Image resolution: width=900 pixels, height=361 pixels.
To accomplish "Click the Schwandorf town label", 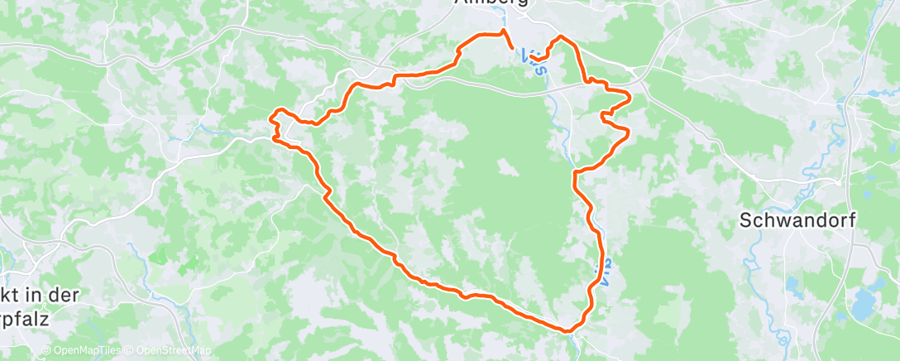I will click(797, 220).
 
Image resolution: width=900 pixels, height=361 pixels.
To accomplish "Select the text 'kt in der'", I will click(40, 295).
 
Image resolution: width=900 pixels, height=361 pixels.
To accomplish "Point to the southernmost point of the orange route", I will click(568, 331).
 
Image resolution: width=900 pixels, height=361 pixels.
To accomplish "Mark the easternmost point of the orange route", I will click(630, 98).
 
